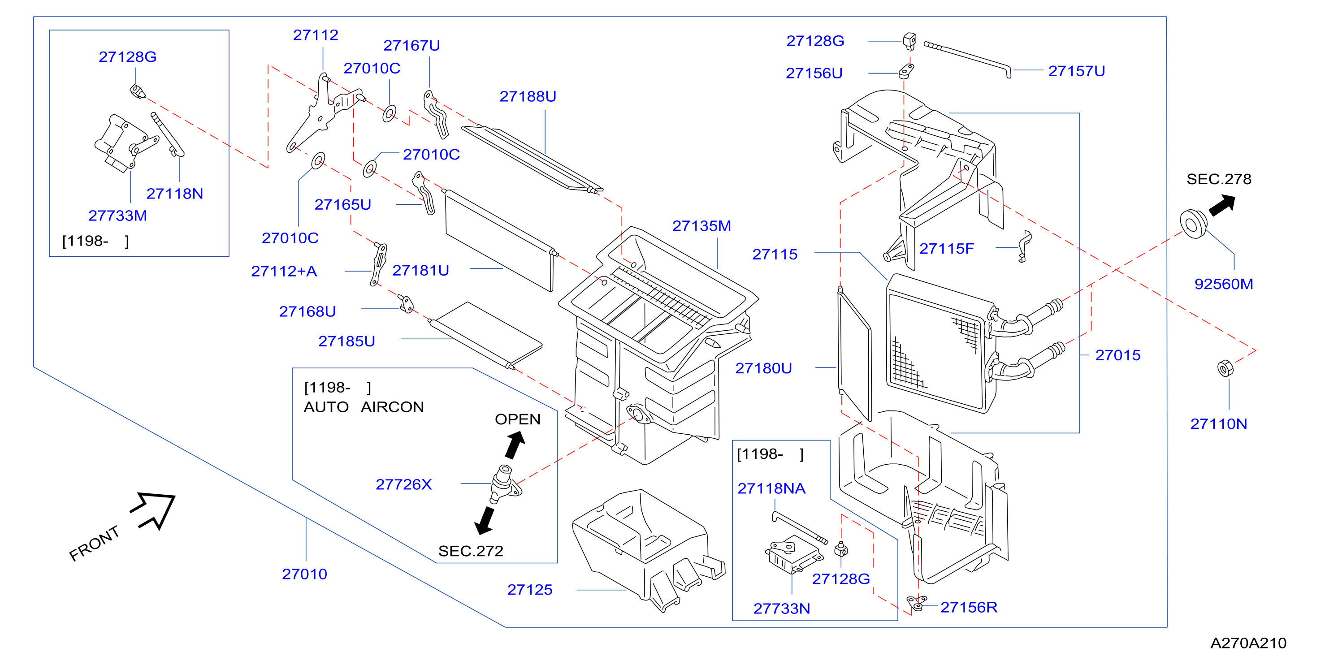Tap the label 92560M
coord(1223,285)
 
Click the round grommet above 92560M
coord(1193,224)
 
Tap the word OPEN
coord(517,419)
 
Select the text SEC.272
coord(471,551)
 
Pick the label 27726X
coord(403,485)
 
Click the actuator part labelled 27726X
coord(504,484)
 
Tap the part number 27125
coord(530,590)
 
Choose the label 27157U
coord(1076,71)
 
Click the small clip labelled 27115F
coord(1024,246)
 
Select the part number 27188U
coord(528,96)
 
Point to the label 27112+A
coord(284,272)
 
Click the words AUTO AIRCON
coord(364,407)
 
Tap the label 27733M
coord(117,216)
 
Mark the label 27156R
coord(969,607)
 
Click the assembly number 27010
coord(304,574)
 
